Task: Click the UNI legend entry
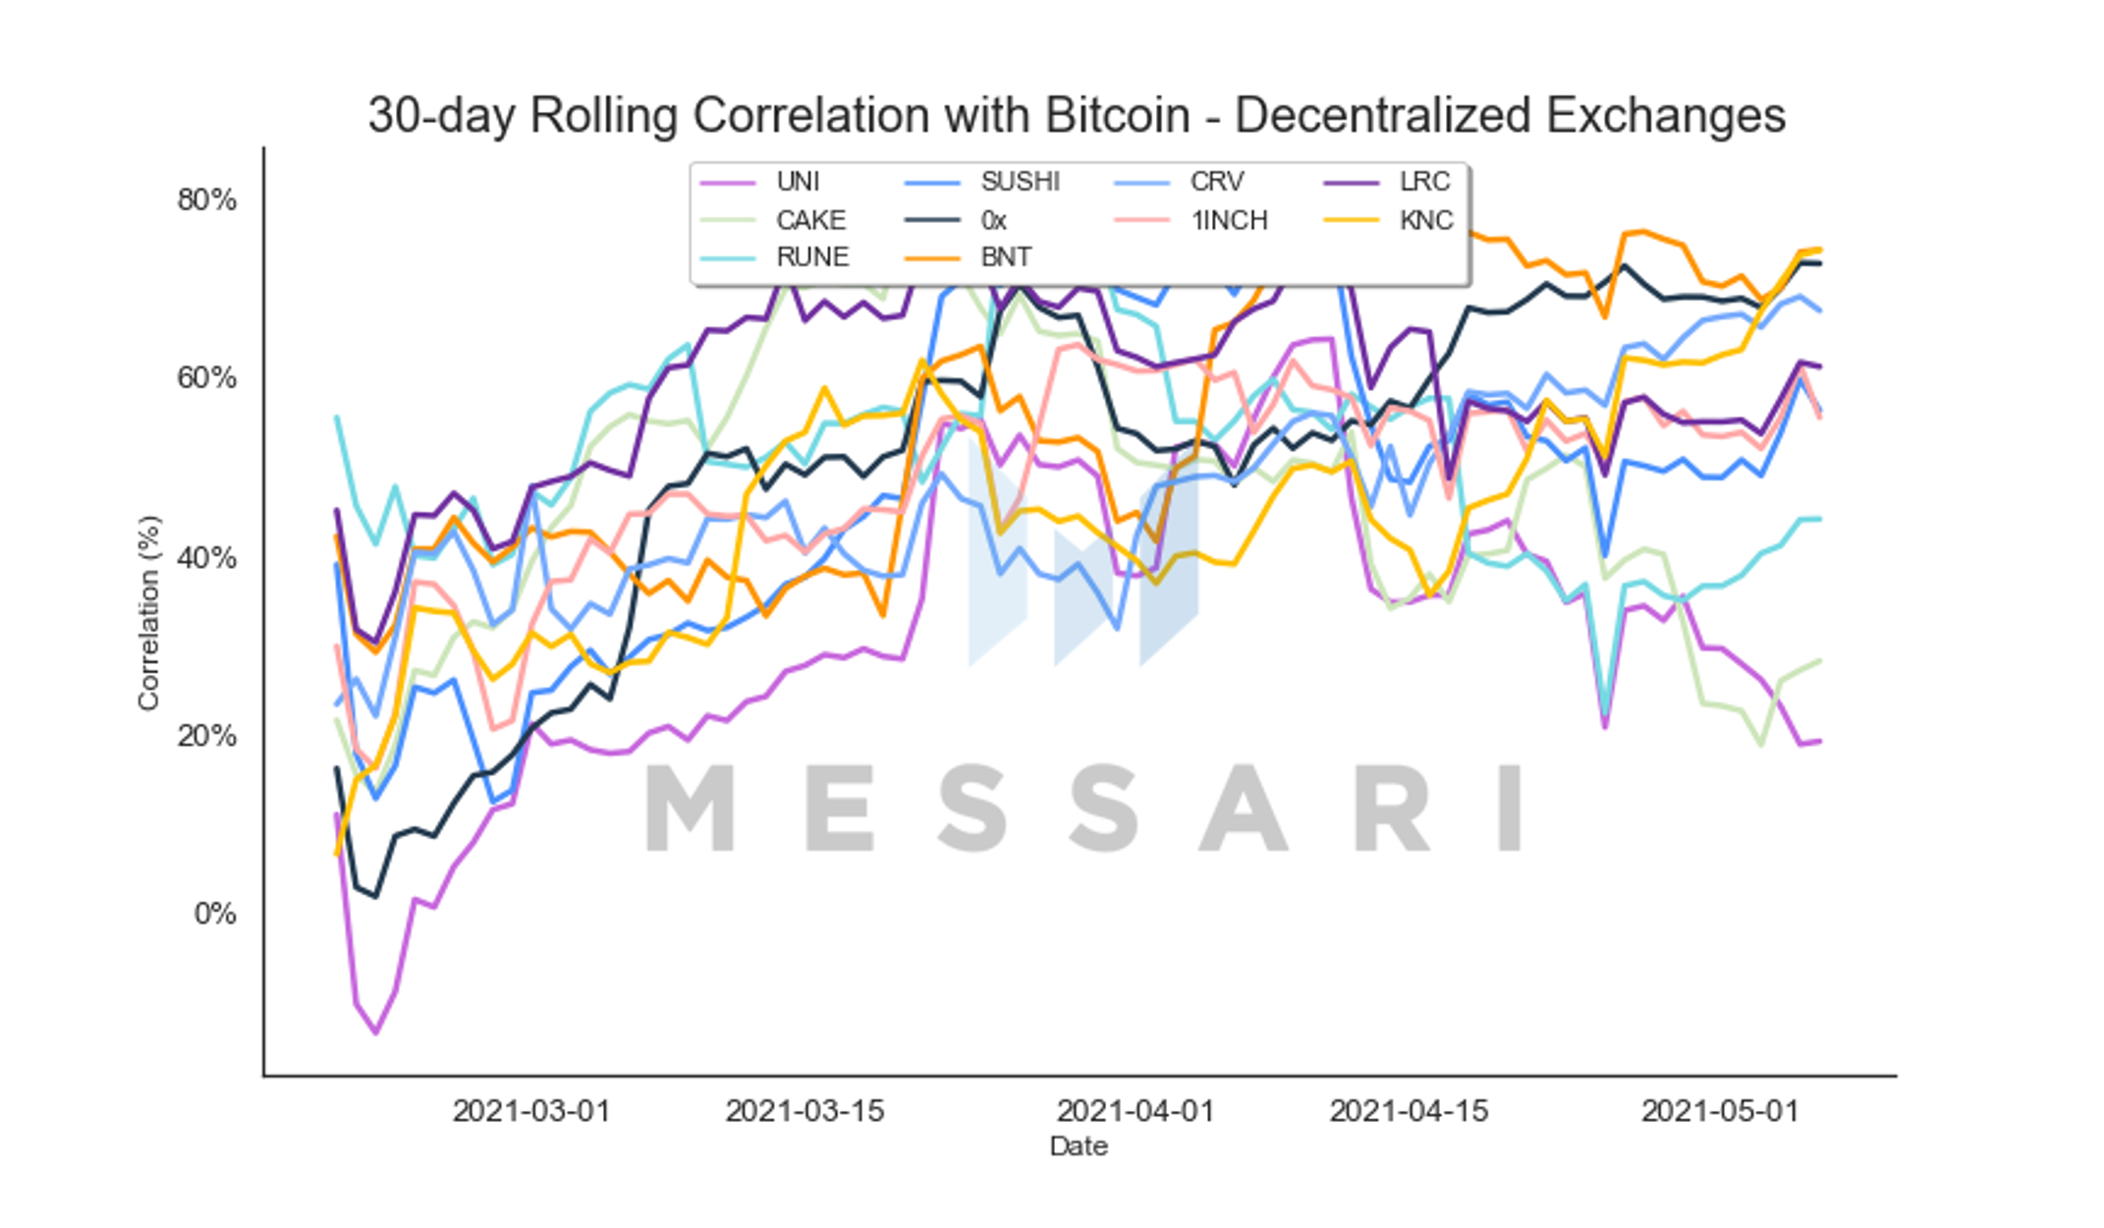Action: pyautogui.click(x=760, y=182)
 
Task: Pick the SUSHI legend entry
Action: pyautogui.click(x=982, y=182)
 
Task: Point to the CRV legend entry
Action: pyautogui.click(x=1180, y=182)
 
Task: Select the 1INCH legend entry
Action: pyautogui.click(x=1191, y=220)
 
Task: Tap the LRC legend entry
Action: pyautogui.click(x=1387, y=182)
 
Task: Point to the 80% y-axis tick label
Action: pyautogui.click(x=206, y=200)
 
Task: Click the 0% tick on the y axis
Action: pyautogui.click(x=215, y=915)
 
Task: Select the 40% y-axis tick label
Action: pyautogui.click(x=206, y=558)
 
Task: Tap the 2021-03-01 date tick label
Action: pyautogui.click(x=531, y=1111)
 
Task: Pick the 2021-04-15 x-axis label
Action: pyautogui.click(x=1409, y=1111)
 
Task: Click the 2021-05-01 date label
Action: pyautogui.click(x=1720, y=1111)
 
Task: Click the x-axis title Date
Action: pyautogui.click(x=1079, y=1146)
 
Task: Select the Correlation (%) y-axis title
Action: pyautogui.click(x=148, y=613)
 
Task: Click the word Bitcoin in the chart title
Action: pyautogui.click(x=1118, y=116)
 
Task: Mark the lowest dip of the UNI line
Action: pyautogui.click(x=375, y=1033)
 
